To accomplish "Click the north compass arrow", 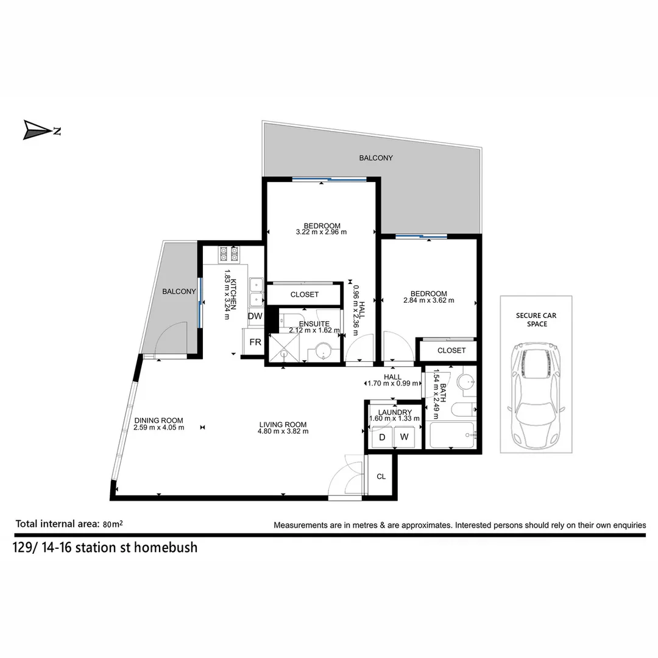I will click(38, 130).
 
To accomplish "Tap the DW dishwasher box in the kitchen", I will click(255, 316).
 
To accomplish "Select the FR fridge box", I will click(255, 342).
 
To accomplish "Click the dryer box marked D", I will click(382, 437).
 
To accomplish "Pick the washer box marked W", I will click(403, 437).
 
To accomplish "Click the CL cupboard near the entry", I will click(381, 476).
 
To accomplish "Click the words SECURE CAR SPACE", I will click(536, 319).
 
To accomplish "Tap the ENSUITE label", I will click(314, 324).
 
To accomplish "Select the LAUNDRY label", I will click(395, 412).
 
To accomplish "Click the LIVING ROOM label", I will click(283, 425).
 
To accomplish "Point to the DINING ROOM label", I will click(158, 420).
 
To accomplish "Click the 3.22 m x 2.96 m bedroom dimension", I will click(321, 232).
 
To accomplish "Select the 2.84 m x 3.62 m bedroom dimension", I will click(428, 300).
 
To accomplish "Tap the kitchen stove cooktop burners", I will click(229, 252).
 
